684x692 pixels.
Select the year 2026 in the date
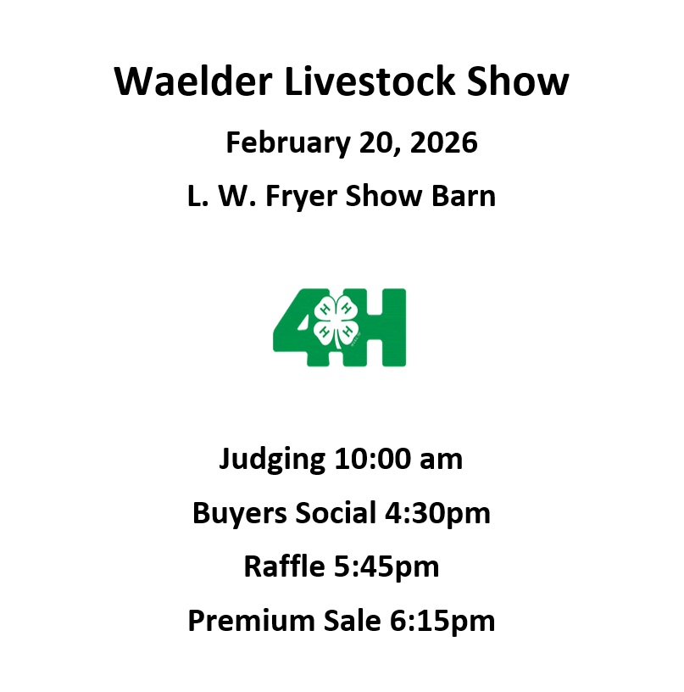[443, 143]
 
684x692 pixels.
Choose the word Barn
[464, 197]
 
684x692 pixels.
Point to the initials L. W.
[209, 197]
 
